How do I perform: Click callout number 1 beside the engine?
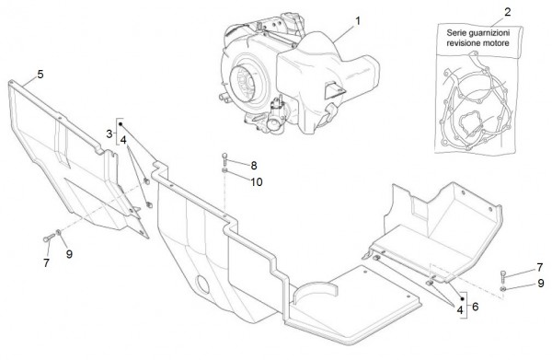(x=358, y=21)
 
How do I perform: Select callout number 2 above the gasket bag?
(x=507, y=12)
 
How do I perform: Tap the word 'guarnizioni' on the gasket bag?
(x=489, y=33)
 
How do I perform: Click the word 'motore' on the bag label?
(x=497, y=43)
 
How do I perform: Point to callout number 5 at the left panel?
(x=40, y=75)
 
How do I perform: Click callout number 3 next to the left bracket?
(x=109, y=134)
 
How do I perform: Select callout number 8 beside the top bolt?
(x=254, y=165)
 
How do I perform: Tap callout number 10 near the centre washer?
(x=257, y=181)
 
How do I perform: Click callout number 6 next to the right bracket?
(x=476, y=307)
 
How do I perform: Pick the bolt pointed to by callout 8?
(x=224, y=159)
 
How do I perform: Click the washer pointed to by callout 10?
(x=224, y=171)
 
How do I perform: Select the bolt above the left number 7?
(x=49, y=238)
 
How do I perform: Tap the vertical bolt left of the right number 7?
(x=503, y=275)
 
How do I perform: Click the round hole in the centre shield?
(x=202, y=285)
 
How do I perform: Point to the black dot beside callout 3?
(x=121, y=124)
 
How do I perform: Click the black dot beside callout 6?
(x=463, y=298)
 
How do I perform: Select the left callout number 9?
(x=69, y=254)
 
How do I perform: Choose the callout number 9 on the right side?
(x=541, y=284)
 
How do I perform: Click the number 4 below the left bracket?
(x=123, y=140)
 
